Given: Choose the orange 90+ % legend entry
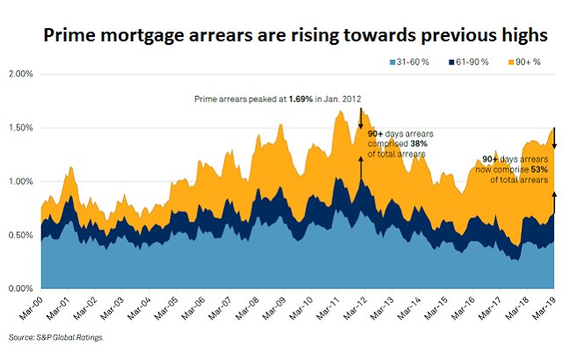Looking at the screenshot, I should (x=529, y=62).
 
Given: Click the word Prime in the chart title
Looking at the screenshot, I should (x=70, y=34).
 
